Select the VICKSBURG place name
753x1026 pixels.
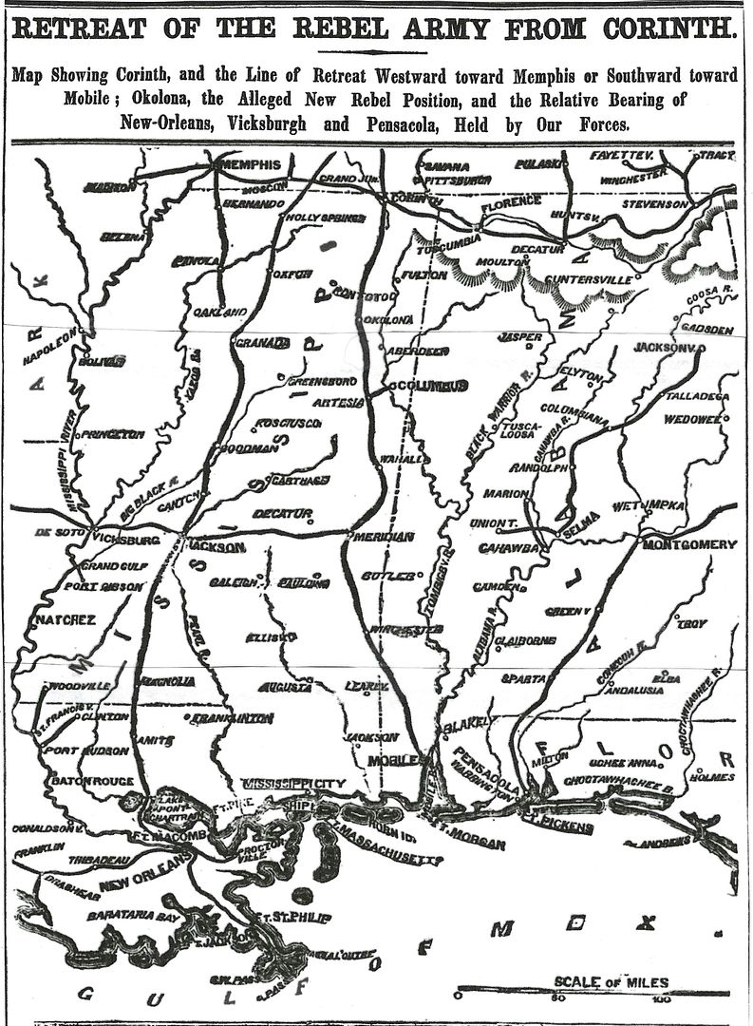pos(128,540)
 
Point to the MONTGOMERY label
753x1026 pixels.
pos(689,544)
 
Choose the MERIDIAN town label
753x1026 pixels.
pos(383,537)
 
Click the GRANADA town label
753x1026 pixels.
pos(261,342)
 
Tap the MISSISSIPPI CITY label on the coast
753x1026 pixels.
pos(298,785)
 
